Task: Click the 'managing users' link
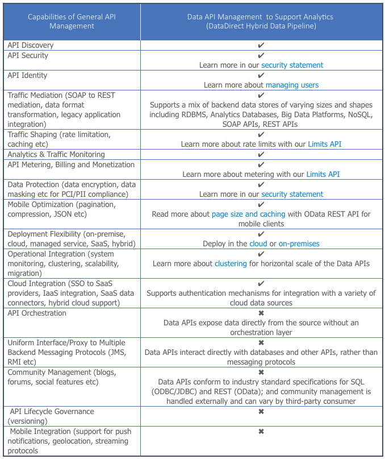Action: (x=292, y=85)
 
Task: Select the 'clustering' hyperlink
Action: (x=231, y=263)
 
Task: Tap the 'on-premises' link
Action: (x=299, y=243)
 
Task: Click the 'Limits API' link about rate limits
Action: (x=324, y=144)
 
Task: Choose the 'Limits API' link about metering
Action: (x=323, y=174)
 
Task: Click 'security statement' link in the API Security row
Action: (x=292, y=65)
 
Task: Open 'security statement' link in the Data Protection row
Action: (x=292, y=194)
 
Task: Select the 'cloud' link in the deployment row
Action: (x=258, y=243)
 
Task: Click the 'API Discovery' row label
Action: (x=31, y=45)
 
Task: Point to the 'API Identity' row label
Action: (x=28, y=75)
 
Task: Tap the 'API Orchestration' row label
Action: (x=37, y=313)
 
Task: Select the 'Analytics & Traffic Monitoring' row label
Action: (x=56, y=154)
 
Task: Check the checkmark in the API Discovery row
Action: (x=261, y=45)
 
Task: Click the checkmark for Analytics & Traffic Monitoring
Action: (x=261, y=154)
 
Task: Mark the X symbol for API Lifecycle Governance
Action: (x=261, y=411)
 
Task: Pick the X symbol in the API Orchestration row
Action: (x=261, y=313)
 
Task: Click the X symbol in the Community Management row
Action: (x=261, y=372)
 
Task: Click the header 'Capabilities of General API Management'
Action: (x=72, y=21)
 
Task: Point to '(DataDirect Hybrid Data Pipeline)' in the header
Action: (x=261, y=26)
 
